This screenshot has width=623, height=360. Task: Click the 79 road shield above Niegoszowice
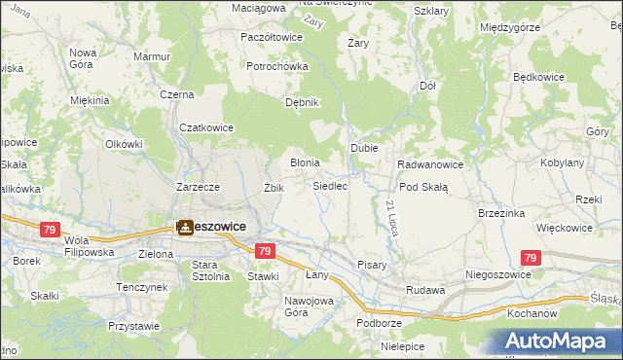coord(530,259)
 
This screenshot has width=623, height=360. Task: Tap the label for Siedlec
coord(330,185)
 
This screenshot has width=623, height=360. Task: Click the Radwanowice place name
coord(429,164)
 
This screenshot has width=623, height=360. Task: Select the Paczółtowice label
coord(272,36)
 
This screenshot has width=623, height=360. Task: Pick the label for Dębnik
coord(301,102)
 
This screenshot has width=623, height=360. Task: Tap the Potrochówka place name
coord(277,66)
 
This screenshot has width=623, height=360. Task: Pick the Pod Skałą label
coord(423,187)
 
